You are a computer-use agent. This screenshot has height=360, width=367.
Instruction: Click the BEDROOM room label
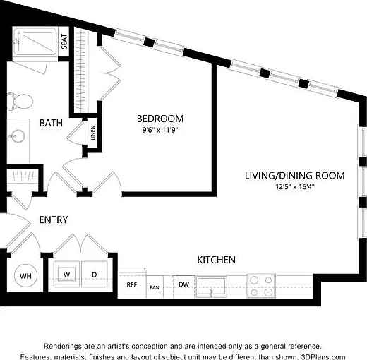[x=160, y=119]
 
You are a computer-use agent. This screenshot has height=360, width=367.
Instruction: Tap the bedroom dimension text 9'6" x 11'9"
[x=160, y=130]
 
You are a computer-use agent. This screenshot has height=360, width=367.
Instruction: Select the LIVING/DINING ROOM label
[x=295, y=176]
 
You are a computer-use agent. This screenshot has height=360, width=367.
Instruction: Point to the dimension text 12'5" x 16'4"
[x=295, y=187]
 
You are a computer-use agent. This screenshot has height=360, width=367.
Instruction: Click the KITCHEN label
[x=216, y=260]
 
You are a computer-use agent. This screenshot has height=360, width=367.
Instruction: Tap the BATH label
[x=51, y=123]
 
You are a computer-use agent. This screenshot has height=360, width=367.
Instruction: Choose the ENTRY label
[x=54, y=220]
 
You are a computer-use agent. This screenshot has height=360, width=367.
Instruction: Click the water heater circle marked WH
[x=25, y=276]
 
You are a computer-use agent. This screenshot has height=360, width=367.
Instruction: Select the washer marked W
[x=66, y=274]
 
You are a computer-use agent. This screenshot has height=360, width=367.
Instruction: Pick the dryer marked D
[x=95, y=274]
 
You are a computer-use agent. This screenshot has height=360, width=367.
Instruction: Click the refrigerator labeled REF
[x=132, y=285]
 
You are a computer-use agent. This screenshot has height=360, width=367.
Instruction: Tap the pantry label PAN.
[x=155, y=287]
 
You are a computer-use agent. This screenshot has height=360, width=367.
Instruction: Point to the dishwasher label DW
[x=183, y=284]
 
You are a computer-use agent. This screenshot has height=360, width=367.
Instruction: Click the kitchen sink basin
[x=211, y=287]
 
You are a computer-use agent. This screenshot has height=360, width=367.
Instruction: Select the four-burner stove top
[x=261, y=286]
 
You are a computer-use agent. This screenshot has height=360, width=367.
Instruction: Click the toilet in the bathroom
[x=20, y=102]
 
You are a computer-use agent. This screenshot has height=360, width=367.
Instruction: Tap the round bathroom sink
[x=18, y=136]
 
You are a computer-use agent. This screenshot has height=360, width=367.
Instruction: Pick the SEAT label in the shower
[x=64, y=42]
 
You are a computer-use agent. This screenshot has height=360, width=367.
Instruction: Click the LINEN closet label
[x=93, y=133]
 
